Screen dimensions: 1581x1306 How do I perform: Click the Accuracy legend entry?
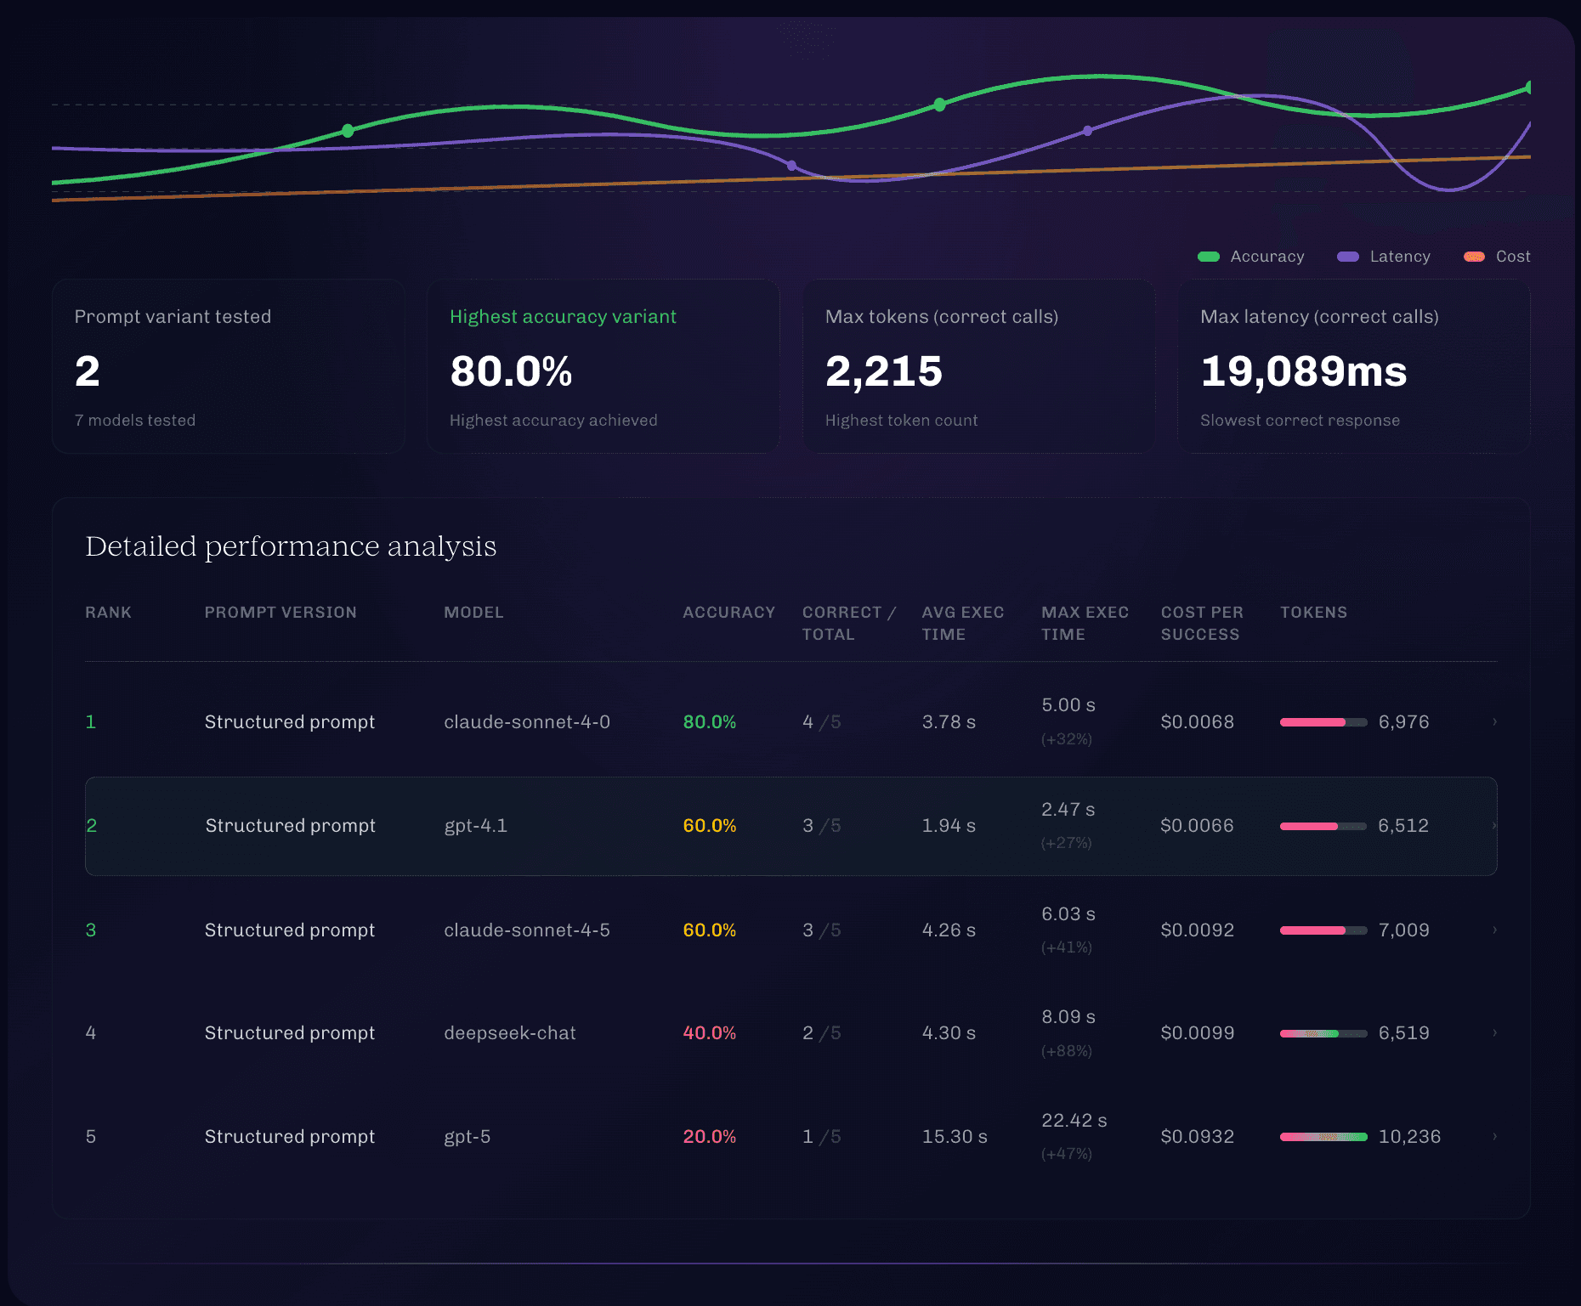[1250, 257]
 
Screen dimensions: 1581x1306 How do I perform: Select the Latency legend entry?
[1383, 257]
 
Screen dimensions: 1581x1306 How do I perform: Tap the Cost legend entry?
[1497, 257]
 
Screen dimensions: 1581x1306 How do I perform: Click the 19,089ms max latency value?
[1303, 371]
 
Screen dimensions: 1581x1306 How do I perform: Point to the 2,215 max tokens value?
[884, 371]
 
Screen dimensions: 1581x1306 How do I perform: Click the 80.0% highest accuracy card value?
[511, 371]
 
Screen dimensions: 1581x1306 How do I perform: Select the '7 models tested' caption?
[135, 421]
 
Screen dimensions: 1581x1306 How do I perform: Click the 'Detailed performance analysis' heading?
[291, 546]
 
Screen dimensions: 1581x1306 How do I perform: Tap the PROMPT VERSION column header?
[280, 613]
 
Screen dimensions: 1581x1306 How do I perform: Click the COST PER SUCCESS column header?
[1202, 624]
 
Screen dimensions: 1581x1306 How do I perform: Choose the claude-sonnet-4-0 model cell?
[527, 722]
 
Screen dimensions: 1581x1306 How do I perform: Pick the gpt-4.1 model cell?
[475, 826]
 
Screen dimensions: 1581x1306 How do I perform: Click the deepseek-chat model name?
[510, 1033]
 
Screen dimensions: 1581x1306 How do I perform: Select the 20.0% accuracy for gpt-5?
[710, 1137]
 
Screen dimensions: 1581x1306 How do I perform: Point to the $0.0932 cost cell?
[1198, 1137]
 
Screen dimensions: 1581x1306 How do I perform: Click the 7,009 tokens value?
[1404, 930]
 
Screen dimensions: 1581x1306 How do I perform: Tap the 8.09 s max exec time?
[1068, 1017]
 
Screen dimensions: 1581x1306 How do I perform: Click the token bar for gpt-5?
[1323, 1137]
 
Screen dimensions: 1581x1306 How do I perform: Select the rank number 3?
[91, 930]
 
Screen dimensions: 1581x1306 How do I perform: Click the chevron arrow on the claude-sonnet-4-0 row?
[1494, 722]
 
